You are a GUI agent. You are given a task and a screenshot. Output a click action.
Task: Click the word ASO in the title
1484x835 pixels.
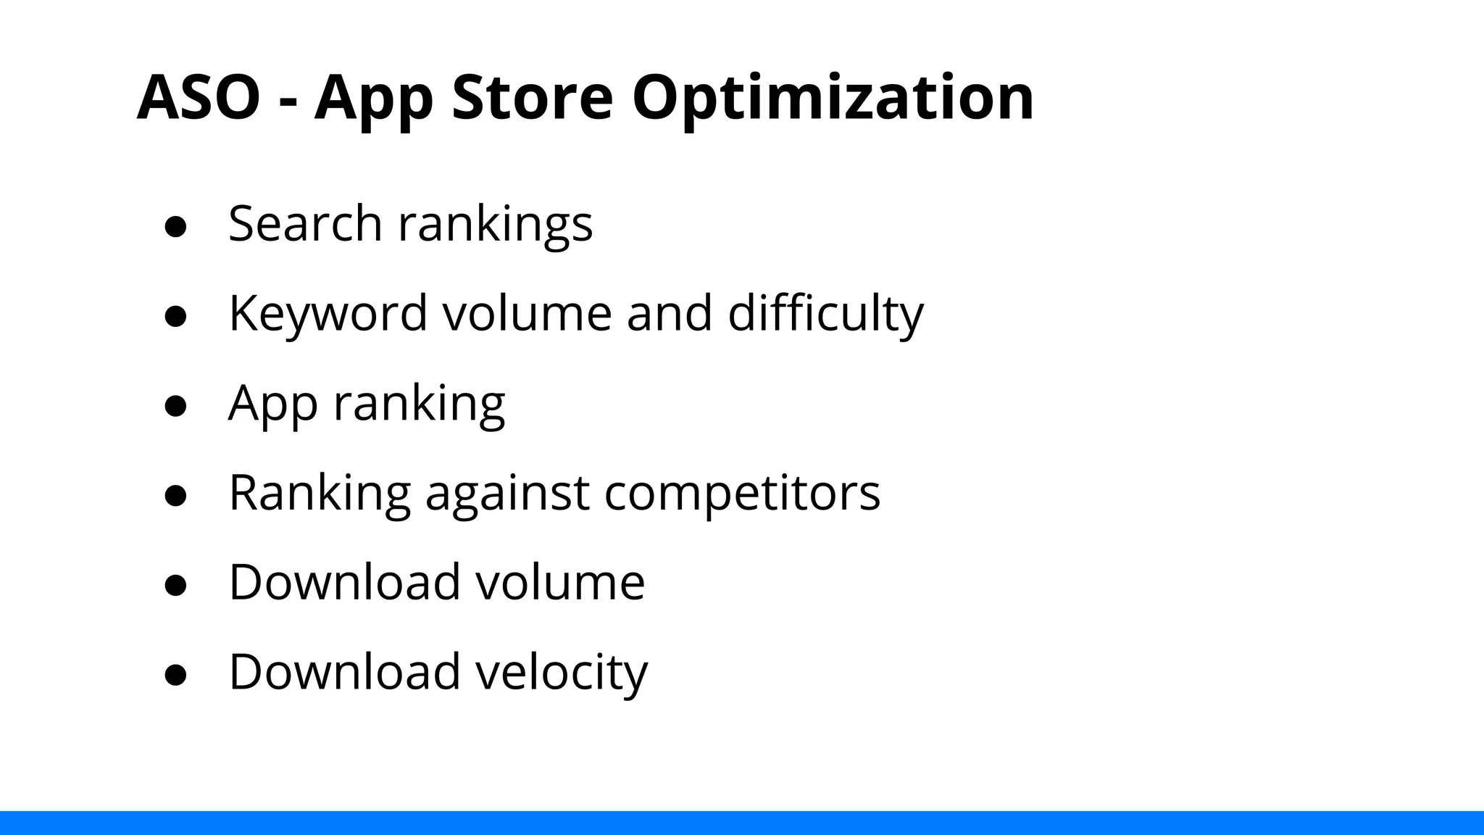click(198, 97)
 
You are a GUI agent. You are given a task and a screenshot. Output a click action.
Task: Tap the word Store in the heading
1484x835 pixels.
click(532, 97)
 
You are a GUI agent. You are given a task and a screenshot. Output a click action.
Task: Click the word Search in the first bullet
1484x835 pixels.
click(305, 223)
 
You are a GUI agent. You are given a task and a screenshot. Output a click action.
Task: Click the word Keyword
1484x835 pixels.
click(328, 314)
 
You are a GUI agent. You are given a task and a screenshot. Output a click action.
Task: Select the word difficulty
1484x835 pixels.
click(825, 314)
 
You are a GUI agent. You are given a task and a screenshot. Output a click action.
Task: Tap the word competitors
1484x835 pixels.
click(742, 493)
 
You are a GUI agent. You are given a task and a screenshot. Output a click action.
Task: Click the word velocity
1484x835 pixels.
click(562, 673)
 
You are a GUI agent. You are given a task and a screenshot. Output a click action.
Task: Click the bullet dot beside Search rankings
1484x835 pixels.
click(176, 226)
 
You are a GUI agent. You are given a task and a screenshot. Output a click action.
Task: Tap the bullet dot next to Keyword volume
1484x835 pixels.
click(176, 316)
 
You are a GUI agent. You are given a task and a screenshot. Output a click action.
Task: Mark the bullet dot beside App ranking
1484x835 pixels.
click(176, 406)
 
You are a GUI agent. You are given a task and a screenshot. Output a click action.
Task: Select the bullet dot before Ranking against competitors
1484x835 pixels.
click(176, 496)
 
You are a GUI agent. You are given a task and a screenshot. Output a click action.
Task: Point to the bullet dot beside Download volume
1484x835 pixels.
click(176, 585)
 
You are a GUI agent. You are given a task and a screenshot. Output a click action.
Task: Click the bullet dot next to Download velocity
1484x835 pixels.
click(176, 675)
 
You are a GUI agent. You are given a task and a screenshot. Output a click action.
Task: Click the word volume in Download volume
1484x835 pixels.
click(559, 582)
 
